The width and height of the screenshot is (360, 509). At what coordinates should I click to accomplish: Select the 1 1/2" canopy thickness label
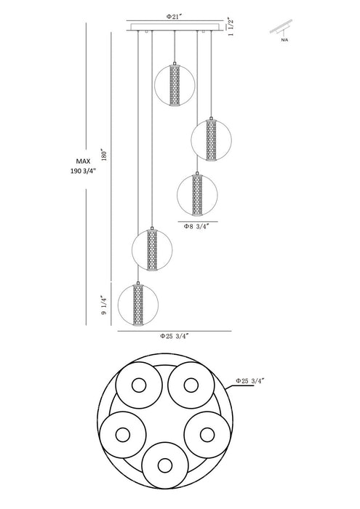click(231, 27)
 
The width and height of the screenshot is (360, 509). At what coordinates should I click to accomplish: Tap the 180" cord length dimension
click(104, 155)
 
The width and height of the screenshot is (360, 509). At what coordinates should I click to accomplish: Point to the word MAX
click(83, 161)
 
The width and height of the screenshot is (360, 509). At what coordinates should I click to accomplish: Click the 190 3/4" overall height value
click(84, 171)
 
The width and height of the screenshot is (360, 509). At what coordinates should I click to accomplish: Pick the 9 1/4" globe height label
click(104, 305)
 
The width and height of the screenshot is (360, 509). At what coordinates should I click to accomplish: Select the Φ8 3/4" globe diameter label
click(196, 227)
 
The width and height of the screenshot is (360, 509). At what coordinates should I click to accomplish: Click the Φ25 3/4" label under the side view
click(174, 336)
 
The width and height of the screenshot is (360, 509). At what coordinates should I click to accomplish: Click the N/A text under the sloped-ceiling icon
click(284, 41)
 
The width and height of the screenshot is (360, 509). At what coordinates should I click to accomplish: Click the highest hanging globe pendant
click(175, 85)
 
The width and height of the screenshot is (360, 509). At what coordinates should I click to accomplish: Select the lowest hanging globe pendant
click(138, 304)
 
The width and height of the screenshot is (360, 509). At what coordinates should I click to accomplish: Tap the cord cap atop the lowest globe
click(138, 283)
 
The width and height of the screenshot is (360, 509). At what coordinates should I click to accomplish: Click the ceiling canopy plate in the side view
click(175, 27)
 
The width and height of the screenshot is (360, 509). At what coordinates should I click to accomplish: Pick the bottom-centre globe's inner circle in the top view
click(165, 465)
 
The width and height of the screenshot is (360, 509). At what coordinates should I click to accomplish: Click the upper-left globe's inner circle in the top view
click(139, 385)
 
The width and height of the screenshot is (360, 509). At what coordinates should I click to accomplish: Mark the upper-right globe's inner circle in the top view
click(191, 385)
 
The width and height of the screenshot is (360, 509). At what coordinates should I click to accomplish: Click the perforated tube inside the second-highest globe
click(211, 140)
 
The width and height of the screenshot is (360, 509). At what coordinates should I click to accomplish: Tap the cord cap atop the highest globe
click(175, 64)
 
